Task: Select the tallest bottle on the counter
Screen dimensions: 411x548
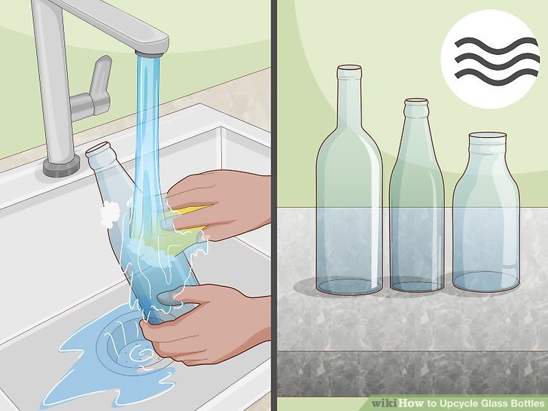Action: click(349, 196)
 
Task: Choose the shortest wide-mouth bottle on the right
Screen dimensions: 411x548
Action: click(486, 218)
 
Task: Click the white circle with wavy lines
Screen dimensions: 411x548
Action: click(490, 59)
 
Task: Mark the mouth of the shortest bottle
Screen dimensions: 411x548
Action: click(486, 137)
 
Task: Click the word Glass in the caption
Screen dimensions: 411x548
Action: click(483, 403)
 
